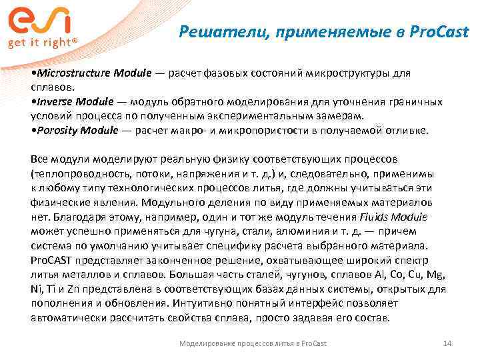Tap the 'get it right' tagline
click(42, 41)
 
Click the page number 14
click(447, 343)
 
